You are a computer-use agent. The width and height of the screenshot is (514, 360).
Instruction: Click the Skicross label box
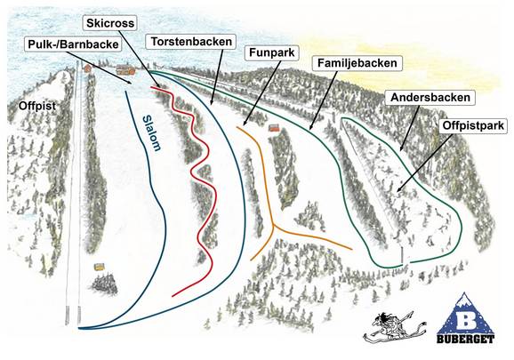click(x=109, y=20)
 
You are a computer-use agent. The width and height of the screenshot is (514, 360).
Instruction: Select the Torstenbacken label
click(x=191, y=42)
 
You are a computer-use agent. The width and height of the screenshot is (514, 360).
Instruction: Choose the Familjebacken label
click(x=357, y=63)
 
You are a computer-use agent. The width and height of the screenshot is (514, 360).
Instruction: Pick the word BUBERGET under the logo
click(x=463, y=339)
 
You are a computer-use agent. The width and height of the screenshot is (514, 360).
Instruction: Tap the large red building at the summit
click(x=125, y=68)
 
